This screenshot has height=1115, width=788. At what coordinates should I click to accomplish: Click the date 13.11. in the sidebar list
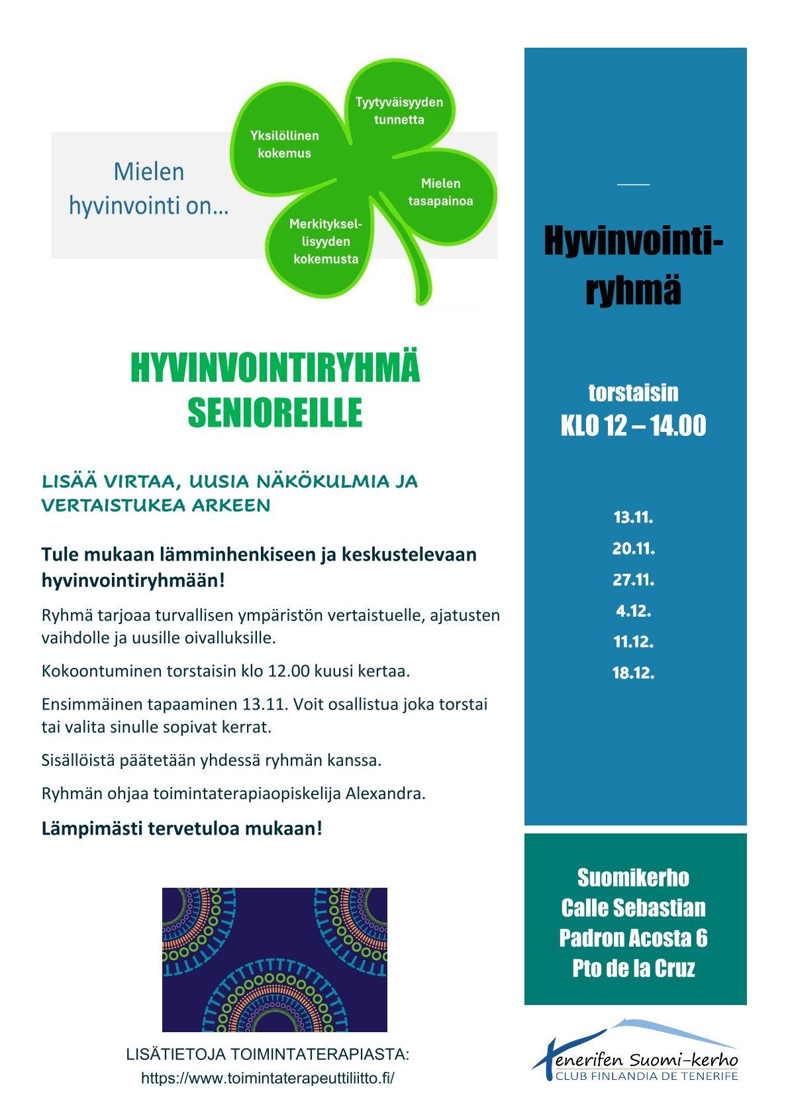(633, 517)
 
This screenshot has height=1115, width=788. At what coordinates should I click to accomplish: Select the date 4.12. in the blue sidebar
(633, 611)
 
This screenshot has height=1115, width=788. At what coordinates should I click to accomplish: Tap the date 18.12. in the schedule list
(633, 673)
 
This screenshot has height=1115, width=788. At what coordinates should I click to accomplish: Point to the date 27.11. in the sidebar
(633, 580)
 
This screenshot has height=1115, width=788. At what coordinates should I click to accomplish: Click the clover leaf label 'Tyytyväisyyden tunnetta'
(399, 111)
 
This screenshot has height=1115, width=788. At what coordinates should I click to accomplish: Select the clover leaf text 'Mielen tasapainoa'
(440, 192)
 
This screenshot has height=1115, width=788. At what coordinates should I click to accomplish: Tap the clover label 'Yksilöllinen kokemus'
(284, 144)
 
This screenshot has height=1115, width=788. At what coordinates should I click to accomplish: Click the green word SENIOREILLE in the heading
(275, 412)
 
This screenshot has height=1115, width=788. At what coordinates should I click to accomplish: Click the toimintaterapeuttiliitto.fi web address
(268, 1078)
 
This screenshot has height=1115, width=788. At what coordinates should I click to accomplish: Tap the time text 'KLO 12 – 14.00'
(633, 426)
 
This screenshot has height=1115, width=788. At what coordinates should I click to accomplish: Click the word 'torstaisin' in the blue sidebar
(633, 392)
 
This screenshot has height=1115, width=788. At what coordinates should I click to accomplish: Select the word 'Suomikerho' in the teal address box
(633, 878)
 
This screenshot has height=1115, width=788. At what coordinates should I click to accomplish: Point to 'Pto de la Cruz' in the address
(633, 969)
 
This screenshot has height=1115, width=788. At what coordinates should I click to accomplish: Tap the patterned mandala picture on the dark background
(274, 959)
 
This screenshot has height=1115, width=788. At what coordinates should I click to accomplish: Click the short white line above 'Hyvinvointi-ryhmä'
(633, 184)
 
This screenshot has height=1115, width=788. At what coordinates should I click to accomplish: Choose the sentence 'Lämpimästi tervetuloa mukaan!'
(182, 828)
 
